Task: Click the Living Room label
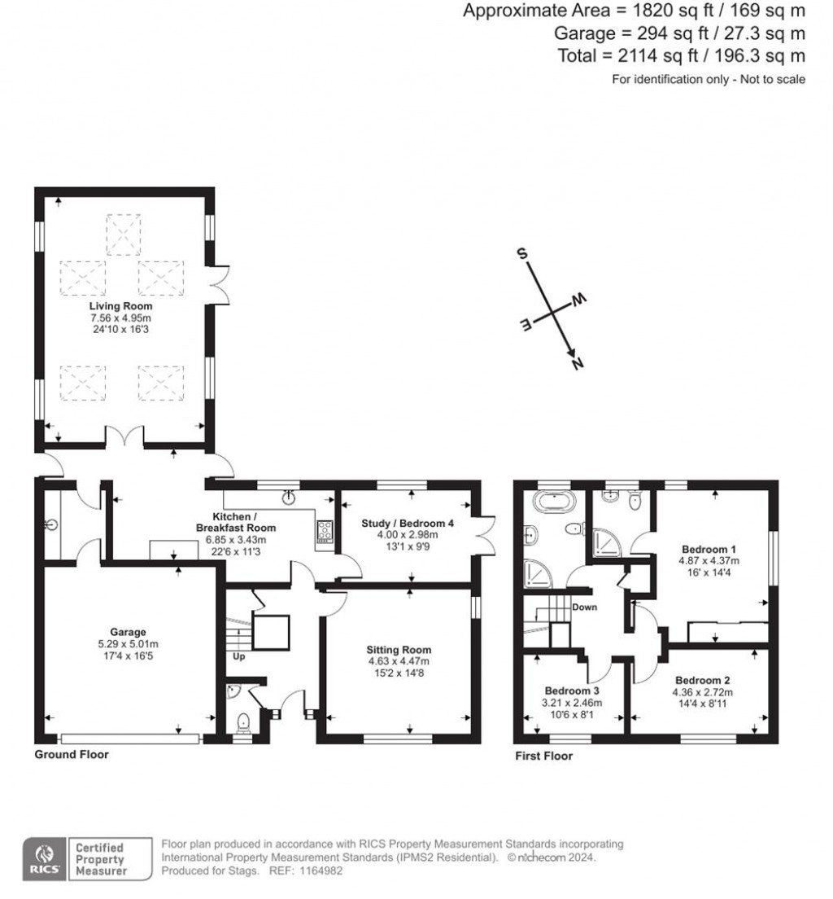[x=120, y=306]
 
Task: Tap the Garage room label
[x=129, y=632]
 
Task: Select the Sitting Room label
[x=398, y=650]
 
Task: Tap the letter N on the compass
[x=578, y=365]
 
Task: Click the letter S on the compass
[x=521, y=252]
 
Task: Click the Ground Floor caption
[x=71, y=755]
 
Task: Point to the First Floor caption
[x=543, y=756]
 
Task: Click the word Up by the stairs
[x=239, y=656]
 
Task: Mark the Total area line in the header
[x=681, y=55]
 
